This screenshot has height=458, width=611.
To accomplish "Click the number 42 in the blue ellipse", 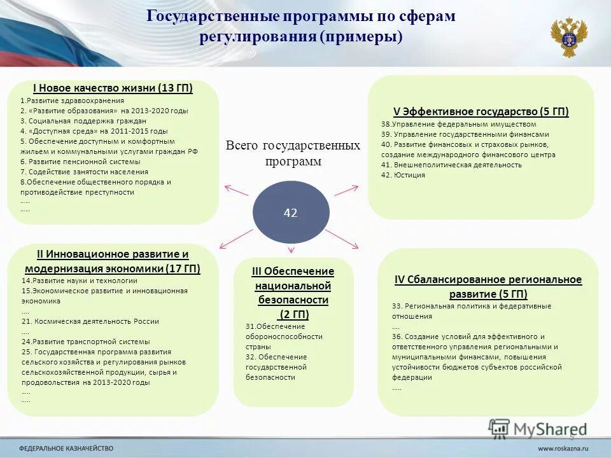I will point(290,214).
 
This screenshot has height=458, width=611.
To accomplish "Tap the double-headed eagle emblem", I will point(568,37).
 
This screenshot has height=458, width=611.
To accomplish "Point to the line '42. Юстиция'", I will point(403,175).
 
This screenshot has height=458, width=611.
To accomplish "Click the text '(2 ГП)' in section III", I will point(293,314).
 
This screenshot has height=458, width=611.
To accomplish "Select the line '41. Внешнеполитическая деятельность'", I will point(451,165).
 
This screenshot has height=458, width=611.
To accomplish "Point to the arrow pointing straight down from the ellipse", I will point(291,250).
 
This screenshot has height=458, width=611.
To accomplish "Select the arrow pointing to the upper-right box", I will point(346,190).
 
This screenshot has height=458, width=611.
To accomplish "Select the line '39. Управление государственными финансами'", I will point(465,134).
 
